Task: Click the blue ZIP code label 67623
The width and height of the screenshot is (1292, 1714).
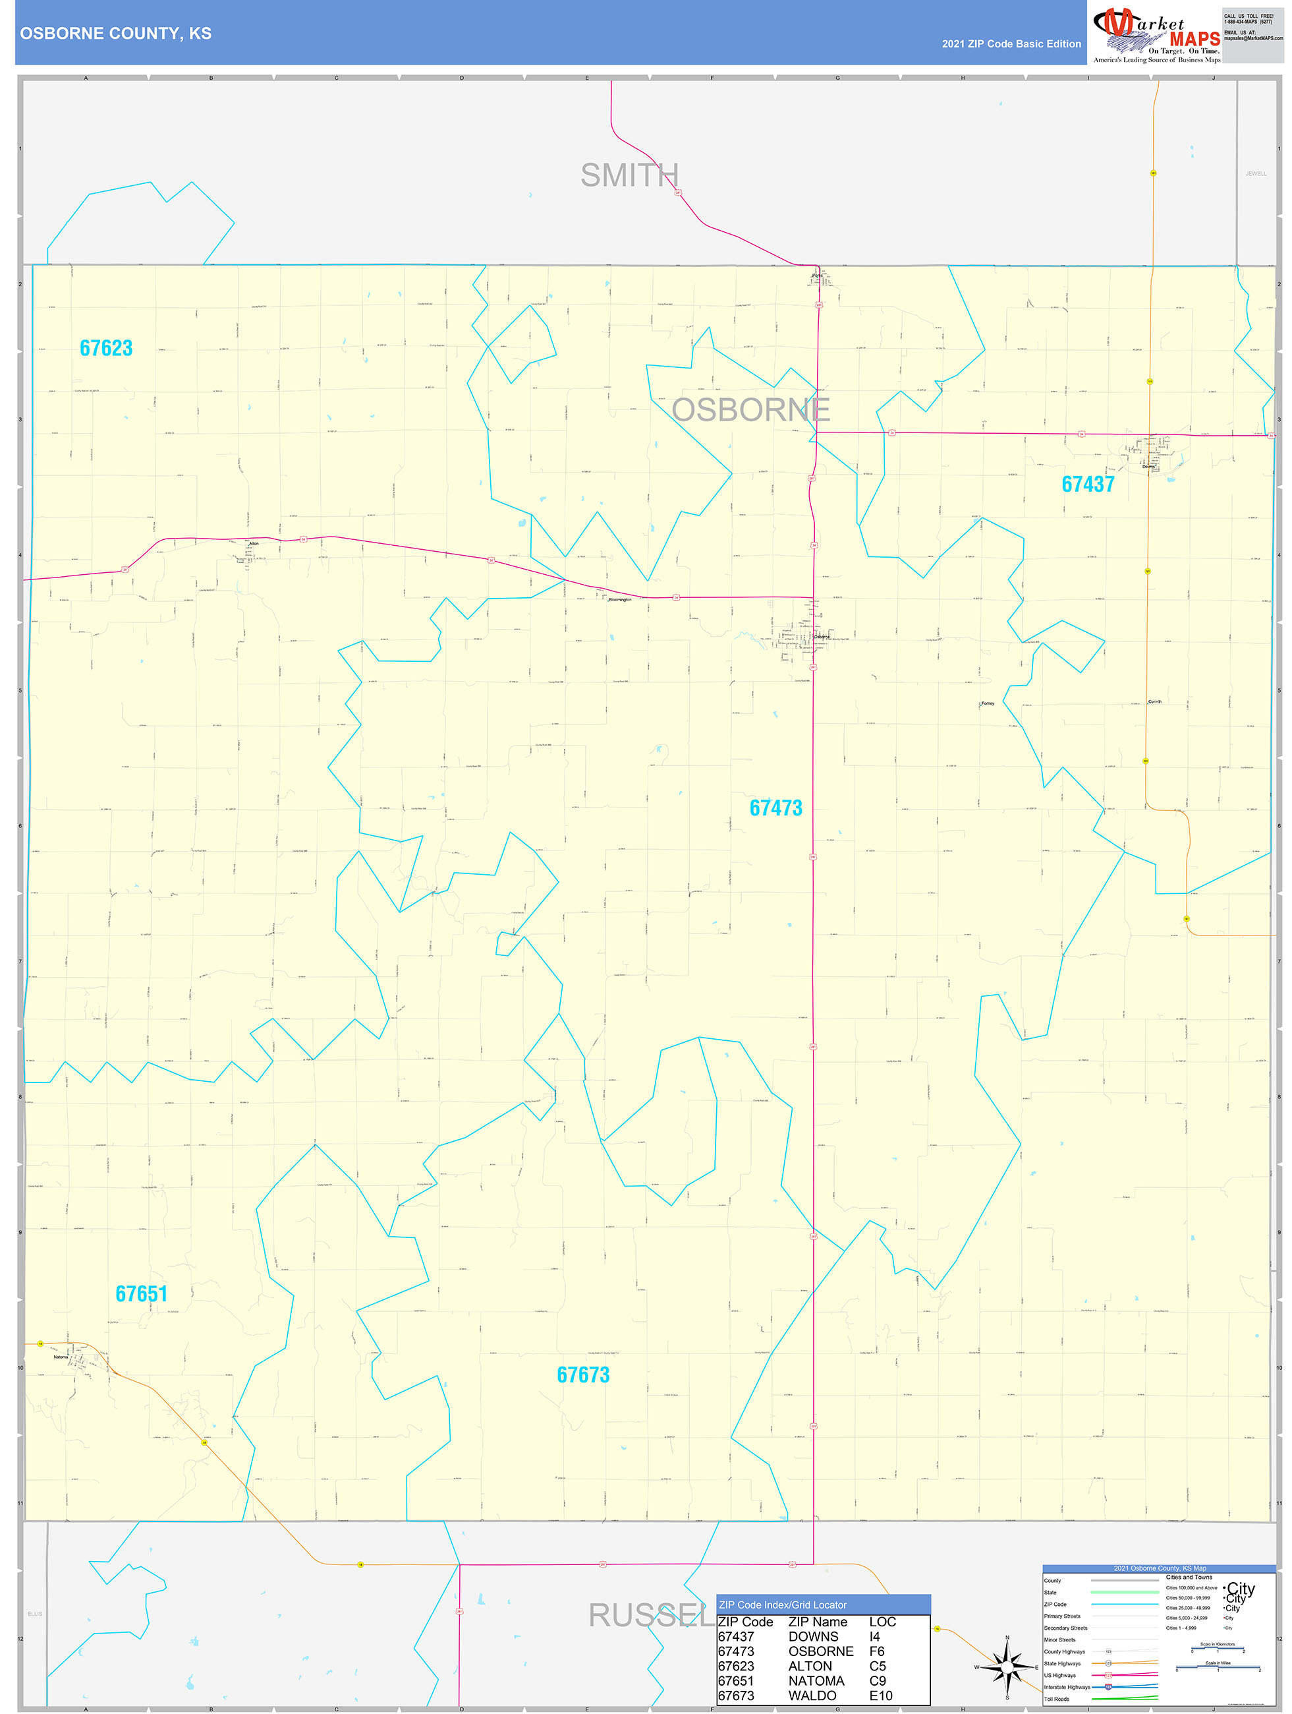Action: tap(106, 349)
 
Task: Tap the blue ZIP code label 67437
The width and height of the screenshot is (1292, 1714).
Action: tap(1088, 485)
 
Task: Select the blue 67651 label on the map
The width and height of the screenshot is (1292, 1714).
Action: tap(141, 1294)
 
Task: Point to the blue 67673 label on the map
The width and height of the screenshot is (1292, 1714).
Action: tap(582, 1375)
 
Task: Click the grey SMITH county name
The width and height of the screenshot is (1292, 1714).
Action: tap(629, 176)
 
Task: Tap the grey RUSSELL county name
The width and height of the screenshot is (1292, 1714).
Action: tap(651, 1615)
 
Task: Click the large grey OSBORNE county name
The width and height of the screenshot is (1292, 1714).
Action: tap(750, 410)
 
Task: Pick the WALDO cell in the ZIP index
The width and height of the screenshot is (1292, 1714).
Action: tap(812, 1696)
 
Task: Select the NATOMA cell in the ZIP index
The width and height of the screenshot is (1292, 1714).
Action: tap(816, 1680)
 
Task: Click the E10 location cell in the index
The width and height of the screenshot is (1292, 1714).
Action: tap(881, 1696)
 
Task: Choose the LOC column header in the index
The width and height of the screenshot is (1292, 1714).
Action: tap(882, 1622)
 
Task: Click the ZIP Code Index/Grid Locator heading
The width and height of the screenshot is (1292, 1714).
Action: tap(782, 1605)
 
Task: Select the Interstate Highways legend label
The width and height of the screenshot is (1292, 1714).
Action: tap(1067, 1687)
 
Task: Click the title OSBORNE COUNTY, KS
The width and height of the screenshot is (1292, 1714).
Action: tap(115, 34)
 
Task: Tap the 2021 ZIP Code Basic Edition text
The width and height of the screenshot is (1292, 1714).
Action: tap(1011, 44)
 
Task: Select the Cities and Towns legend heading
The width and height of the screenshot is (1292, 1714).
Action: tap(1189, 1577)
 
